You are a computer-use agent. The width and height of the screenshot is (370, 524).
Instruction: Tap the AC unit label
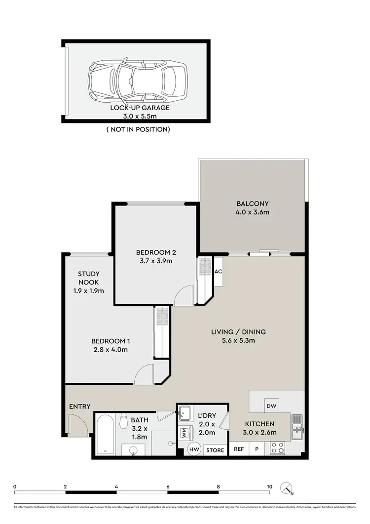coord(218,272)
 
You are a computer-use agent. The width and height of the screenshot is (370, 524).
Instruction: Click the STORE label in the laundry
coord(215,450)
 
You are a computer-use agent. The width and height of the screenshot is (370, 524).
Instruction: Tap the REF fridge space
coord(239,449)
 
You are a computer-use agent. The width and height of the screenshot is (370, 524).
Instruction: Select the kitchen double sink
coord(297,428)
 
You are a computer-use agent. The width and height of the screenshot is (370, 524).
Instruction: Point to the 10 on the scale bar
coord(269,486)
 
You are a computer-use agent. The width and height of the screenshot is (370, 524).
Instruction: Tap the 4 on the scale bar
coord(116,486)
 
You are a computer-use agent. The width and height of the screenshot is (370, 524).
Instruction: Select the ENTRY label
coord(80,406)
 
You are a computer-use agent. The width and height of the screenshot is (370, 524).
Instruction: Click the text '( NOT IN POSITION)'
coord(138,129)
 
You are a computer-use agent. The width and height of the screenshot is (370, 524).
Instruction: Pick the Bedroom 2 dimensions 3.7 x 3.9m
coord(156,261)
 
